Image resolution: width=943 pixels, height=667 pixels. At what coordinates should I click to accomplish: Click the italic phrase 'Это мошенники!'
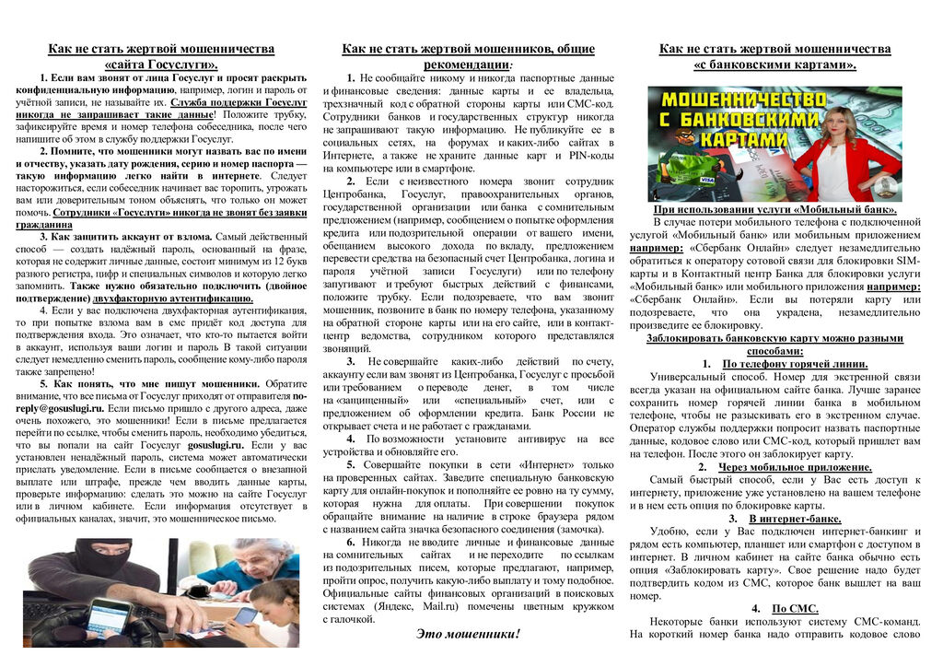(468, 634)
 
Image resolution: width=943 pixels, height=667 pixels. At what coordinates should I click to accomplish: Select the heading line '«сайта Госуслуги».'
(161, 64)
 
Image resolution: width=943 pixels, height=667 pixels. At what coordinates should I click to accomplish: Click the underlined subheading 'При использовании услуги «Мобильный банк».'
(774, 209)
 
